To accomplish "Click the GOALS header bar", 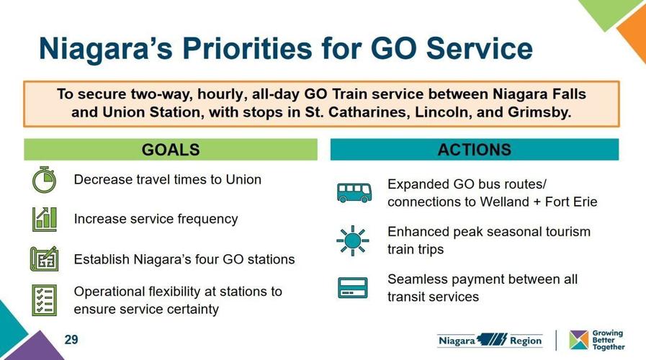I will [x=171, y=150].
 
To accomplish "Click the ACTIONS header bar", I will [x=474, y=150].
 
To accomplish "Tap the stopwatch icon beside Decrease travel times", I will [x=44, y=179].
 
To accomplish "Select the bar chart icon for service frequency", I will [x=44, y=219].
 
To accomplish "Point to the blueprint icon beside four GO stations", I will [x=44, y=259].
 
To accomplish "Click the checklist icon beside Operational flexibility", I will [x=44, y=300].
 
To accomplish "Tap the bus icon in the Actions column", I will [x=354, y=192].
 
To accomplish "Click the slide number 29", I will [x=71, y=339].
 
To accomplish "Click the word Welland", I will [x=504, y=202].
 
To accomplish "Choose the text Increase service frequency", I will [x=156, y=219].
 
